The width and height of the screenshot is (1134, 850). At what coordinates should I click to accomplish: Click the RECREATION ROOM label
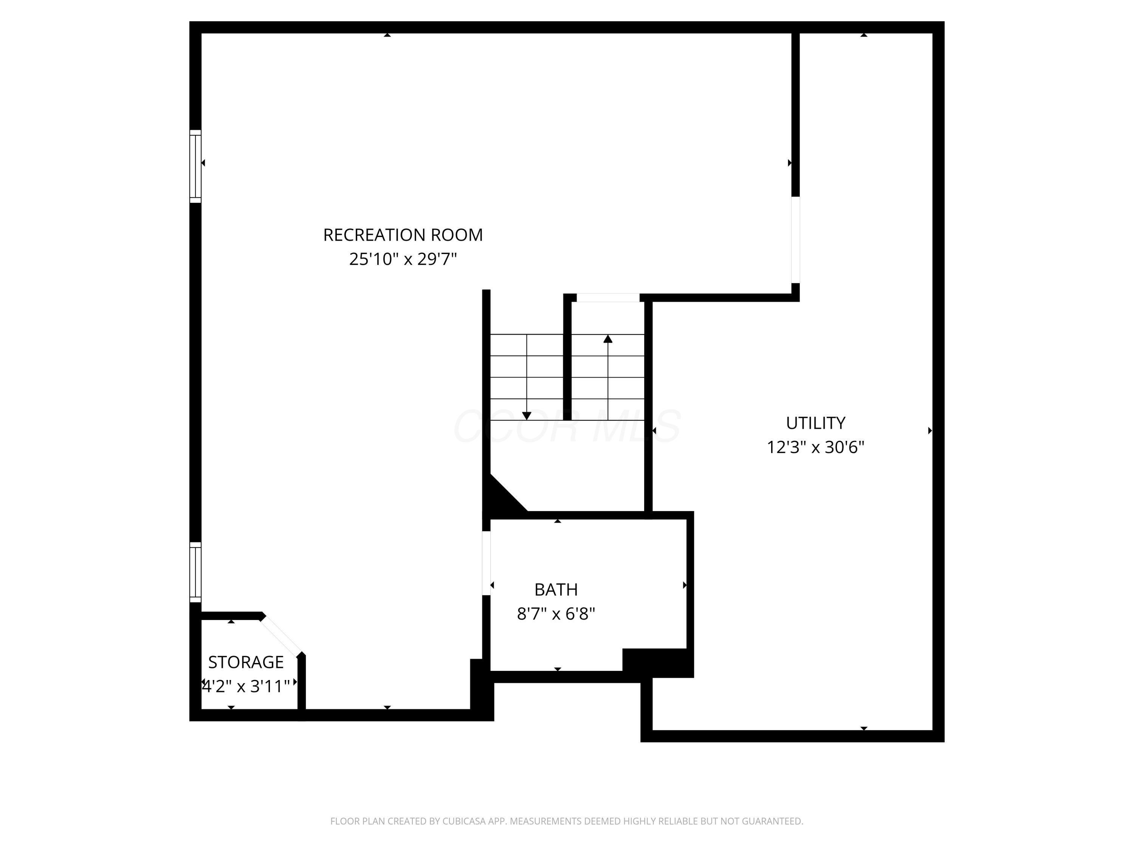click(x=403, y=235)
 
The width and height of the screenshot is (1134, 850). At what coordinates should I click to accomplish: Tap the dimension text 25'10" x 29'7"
click(x=403, y=259)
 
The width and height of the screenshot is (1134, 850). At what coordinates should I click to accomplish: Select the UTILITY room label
click(x=815, y=423)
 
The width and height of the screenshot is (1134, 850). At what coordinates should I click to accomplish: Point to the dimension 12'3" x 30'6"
click(x=815, y=447)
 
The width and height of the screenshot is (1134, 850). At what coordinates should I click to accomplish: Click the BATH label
click(x=556, y=590)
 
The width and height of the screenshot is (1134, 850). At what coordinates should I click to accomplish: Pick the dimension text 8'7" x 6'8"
click(x=556, y=614)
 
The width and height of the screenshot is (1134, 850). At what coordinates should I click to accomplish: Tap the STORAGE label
click(x=246, y=662)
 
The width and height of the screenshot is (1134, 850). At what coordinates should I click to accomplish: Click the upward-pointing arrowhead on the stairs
click(x=608, y=338)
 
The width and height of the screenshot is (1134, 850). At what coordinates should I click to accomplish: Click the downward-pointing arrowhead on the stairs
click(x=527, y=416)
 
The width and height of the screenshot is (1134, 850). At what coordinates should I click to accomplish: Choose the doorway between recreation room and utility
click(x=795, y=240)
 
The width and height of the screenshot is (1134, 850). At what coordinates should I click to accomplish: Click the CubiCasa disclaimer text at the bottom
click(x=567, y=821)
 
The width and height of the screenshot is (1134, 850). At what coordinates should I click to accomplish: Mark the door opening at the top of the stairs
click(x=608, y=298)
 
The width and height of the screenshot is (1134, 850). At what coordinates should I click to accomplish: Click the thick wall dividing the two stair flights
click(x=567, y=359)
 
